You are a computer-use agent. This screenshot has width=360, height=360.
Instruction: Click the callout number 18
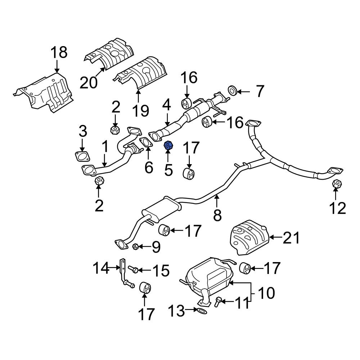tap(58, 53)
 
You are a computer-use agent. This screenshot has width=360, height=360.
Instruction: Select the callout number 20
tap(89, 83)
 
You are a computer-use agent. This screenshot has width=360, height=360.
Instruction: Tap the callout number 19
tap(140, 110)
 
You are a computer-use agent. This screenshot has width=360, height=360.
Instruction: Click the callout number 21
tap(291, 238)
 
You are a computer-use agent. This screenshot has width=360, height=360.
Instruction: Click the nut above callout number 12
tap(336, 184)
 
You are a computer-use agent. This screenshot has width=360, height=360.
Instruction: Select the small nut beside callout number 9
tap(136, 247)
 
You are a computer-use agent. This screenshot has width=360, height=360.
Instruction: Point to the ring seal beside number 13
tap(202, 310)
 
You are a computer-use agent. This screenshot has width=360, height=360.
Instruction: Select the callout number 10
tap(267, 293)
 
